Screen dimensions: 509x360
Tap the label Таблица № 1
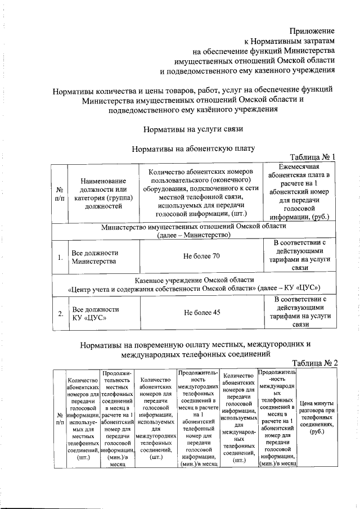[312, 157]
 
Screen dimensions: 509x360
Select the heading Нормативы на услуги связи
[193, 129]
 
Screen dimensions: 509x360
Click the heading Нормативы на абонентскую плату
[193, 149]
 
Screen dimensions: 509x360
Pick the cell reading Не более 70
[201, 256]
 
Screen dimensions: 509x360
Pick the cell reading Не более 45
[201, 313]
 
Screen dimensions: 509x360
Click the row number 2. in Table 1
[59, 313]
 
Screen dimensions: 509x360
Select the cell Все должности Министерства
[95, 257]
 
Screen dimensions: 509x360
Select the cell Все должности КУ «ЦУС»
[95, 313]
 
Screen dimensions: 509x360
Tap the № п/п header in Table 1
[60, 193]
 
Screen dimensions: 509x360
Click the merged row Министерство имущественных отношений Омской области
[194, 230]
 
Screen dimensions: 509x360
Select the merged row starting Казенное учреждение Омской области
[194, 285]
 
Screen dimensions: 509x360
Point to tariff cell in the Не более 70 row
[301, 256]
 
